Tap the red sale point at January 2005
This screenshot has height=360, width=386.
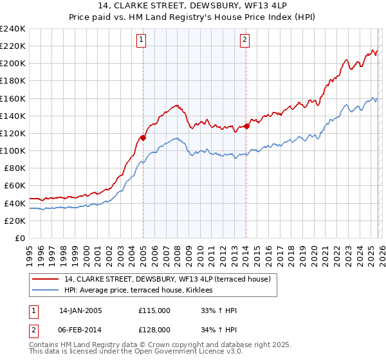(143, 137)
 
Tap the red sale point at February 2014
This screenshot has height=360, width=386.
(246, 126)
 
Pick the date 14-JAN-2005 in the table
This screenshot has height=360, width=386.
(80, 310)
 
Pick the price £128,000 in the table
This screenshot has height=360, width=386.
(154, 329)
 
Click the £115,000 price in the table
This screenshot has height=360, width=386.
(154, 310)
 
